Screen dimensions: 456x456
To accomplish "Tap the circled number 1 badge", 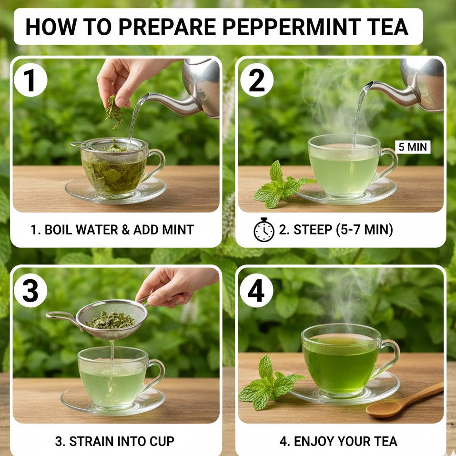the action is [30, 80].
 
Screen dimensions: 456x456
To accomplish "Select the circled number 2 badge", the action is [257, 80].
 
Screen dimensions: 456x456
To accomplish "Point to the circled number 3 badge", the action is [30, 291].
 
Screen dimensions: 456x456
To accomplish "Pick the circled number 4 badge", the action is [256, 291].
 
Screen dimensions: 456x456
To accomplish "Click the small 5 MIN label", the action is [413, 147].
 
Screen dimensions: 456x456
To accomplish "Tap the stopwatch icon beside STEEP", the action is [264, 230].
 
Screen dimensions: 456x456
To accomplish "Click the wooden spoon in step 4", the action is [404, 400].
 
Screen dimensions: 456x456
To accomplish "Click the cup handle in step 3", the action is [154, 375].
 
